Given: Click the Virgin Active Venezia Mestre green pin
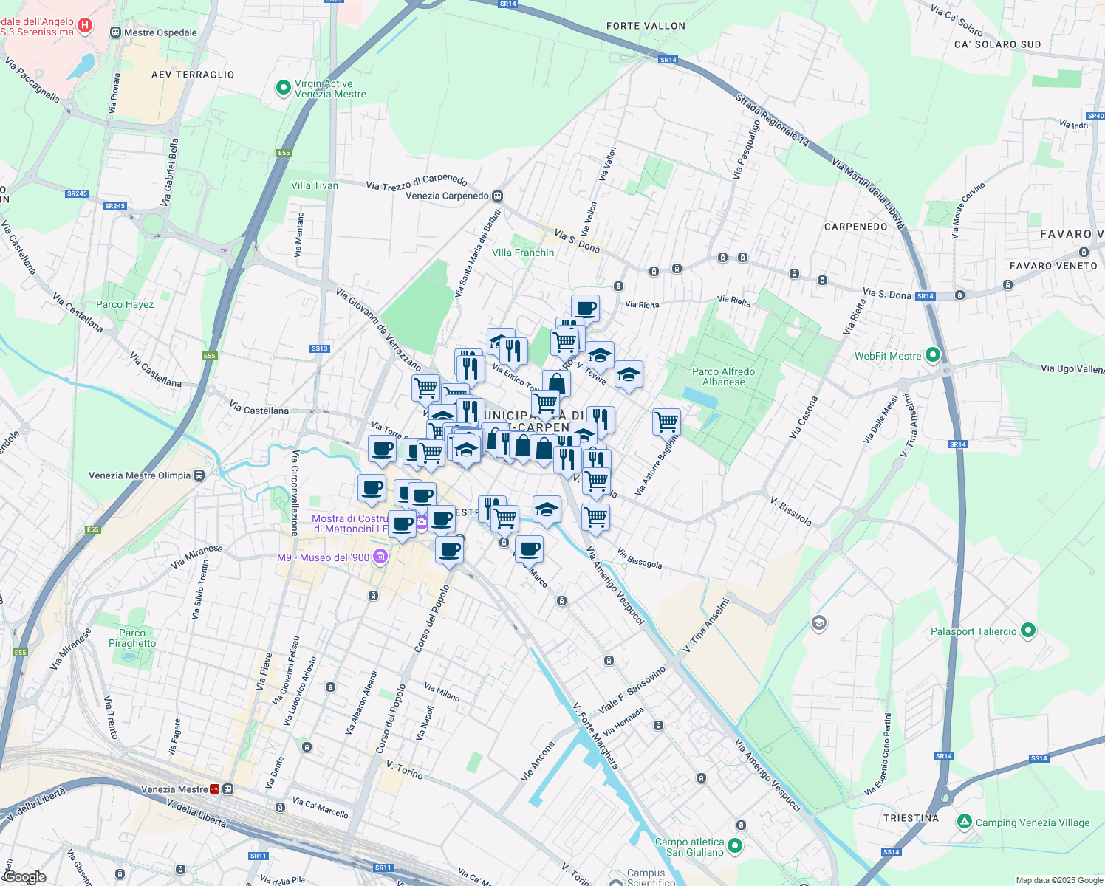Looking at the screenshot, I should [x=283, y=89].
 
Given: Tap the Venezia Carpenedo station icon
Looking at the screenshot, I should [x=498, y=196].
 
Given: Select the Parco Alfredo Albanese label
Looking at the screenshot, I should [x=723, y=377].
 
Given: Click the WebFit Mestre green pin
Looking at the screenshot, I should [x=932, y=356].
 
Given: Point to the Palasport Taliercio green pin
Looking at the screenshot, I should [x=1028, y=631].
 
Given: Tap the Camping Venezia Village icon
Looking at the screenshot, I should [x=964, y=822].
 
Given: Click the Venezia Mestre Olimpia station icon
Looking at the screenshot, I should [x=199, y=475].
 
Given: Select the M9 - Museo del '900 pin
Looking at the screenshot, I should [x=380, y=557].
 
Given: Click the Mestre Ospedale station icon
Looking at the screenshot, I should [x=115, y=32].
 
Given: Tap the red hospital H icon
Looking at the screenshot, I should [x=85, y=27].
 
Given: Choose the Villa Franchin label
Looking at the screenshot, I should [x=523, y=253].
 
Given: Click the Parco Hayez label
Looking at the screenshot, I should [x=125, y=304].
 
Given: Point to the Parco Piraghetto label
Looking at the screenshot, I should [x=132, y=638].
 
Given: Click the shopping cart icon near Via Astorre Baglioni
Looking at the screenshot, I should [x=666, y=422].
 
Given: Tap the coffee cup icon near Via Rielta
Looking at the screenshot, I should [x=585, y=308].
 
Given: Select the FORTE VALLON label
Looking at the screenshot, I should [x=646, y=26].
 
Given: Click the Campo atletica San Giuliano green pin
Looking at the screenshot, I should [x=734, y=845].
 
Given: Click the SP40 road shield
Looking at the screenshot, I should [x=1095, y=116].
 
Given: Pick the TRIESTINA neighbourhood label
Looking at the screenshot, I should [x=911, y=818].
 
